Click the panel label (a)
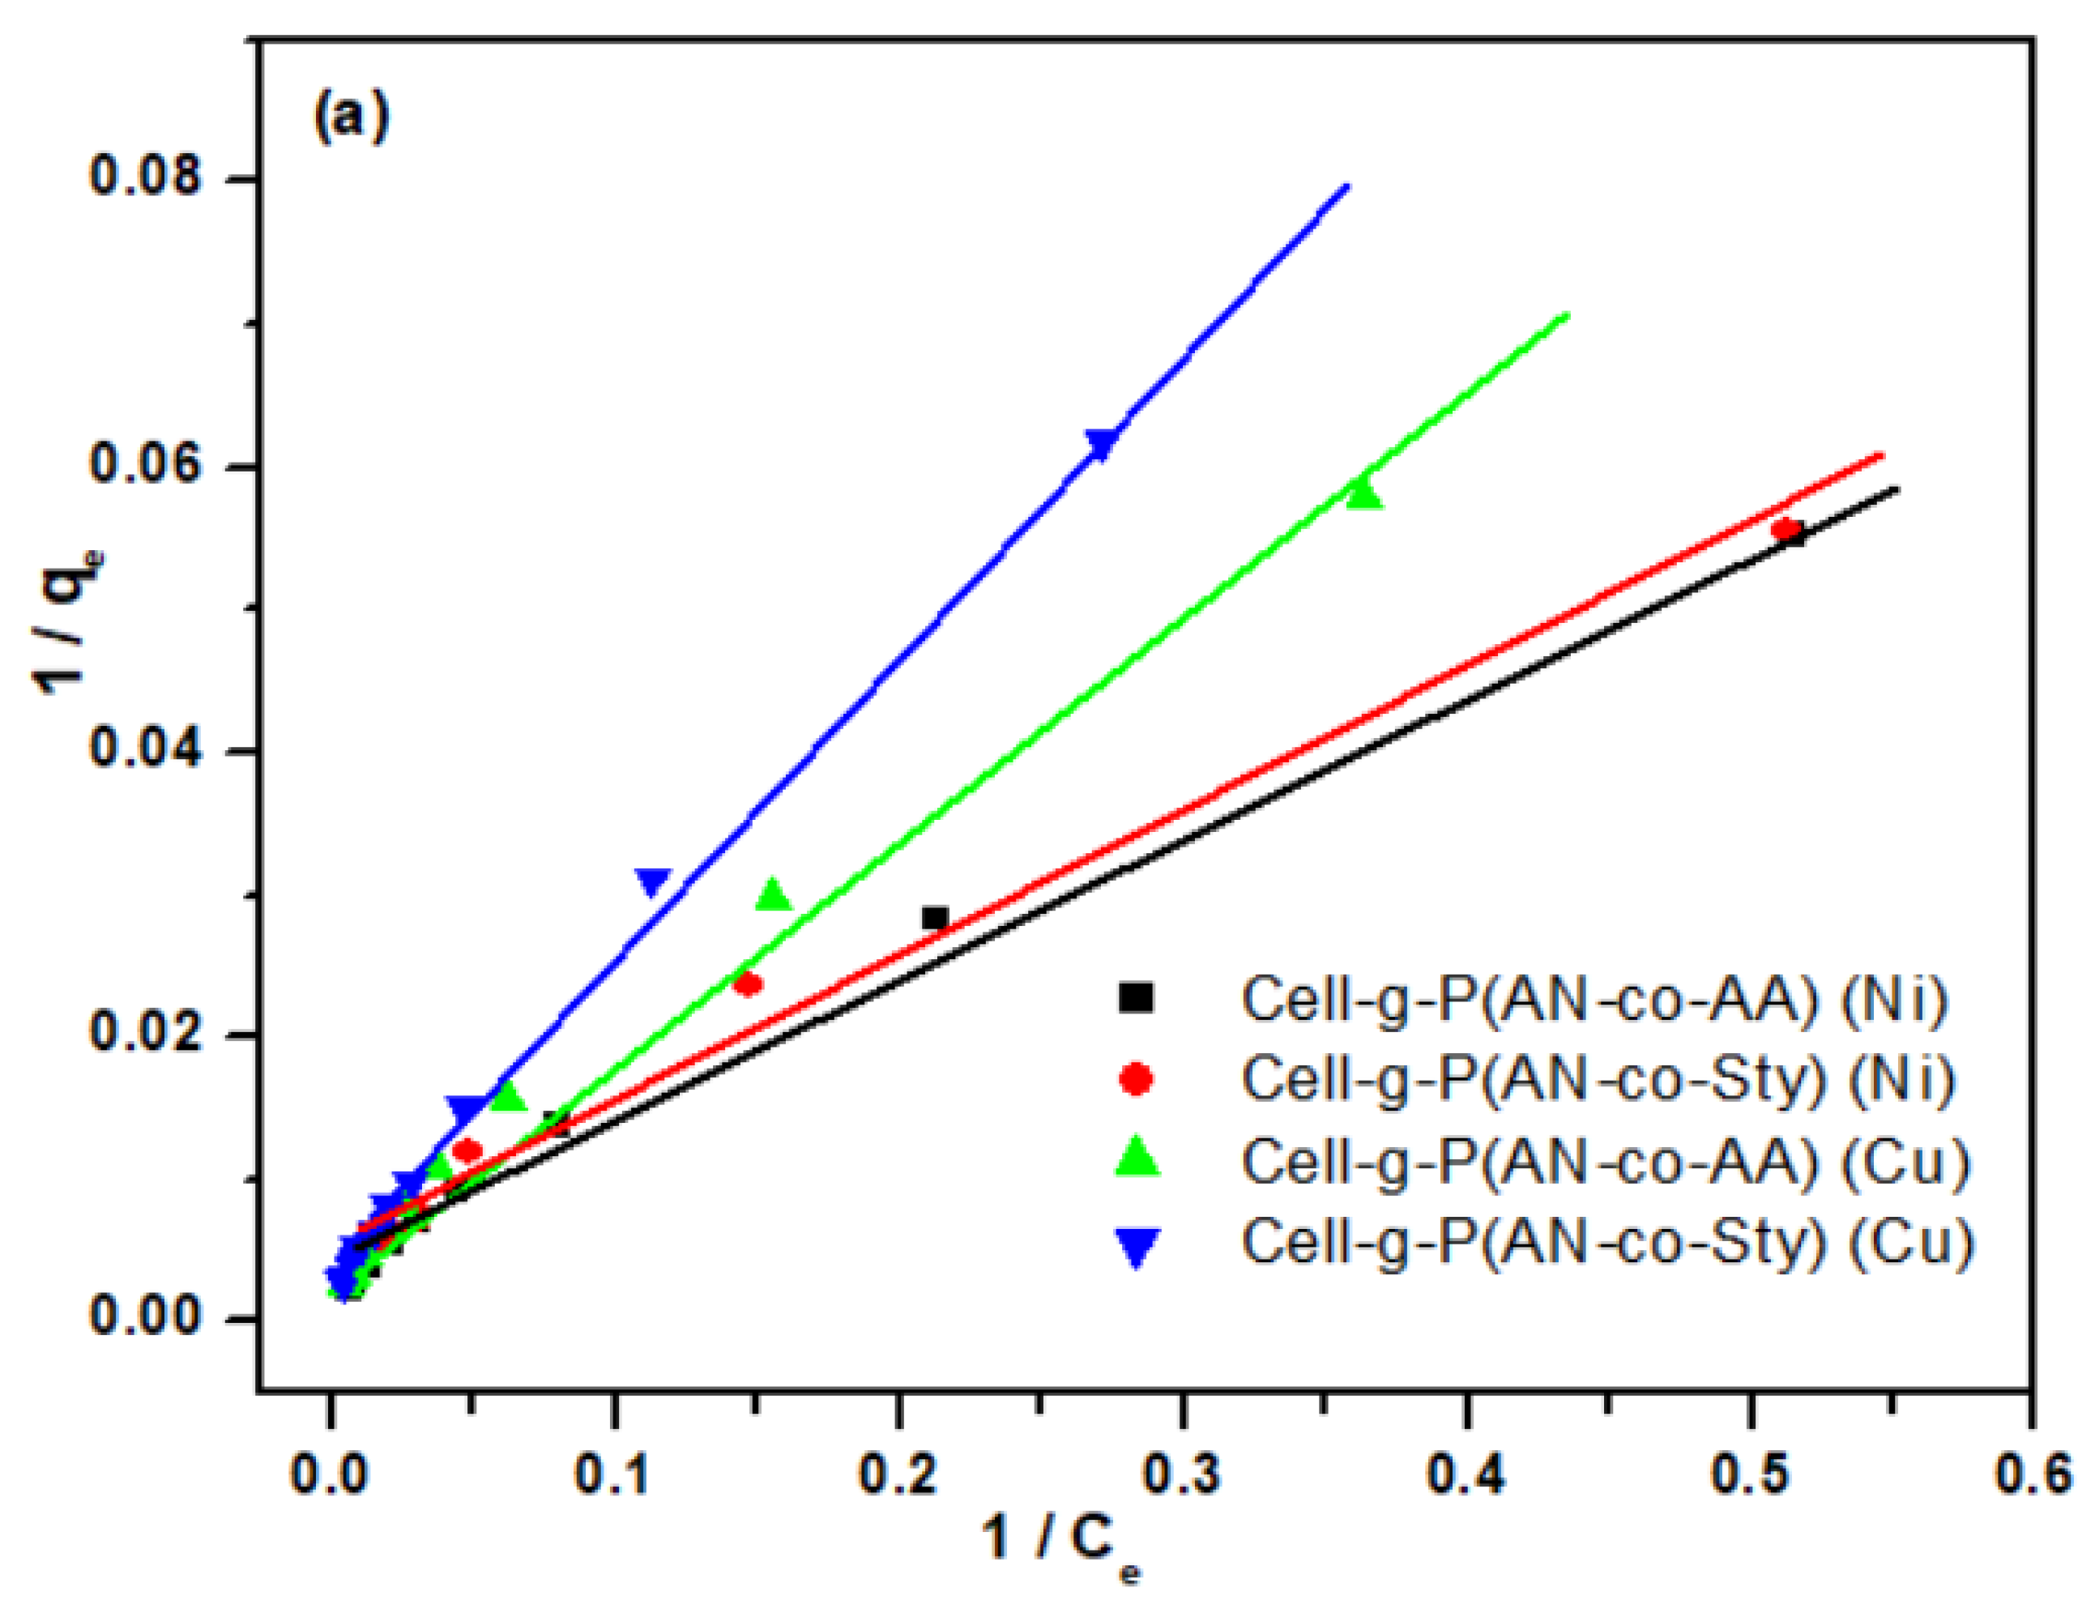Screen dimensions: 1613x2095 click(351, 117)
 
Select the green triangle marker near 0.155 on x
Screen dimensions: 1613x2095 click(773, 895)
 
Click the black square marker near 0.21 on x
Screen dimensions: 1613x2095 click(934, 918)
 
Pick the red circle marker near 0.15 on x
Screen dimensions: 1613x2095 click(749, 984)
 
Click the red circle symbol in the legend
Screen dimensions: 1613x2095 click(1137, 1078)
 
